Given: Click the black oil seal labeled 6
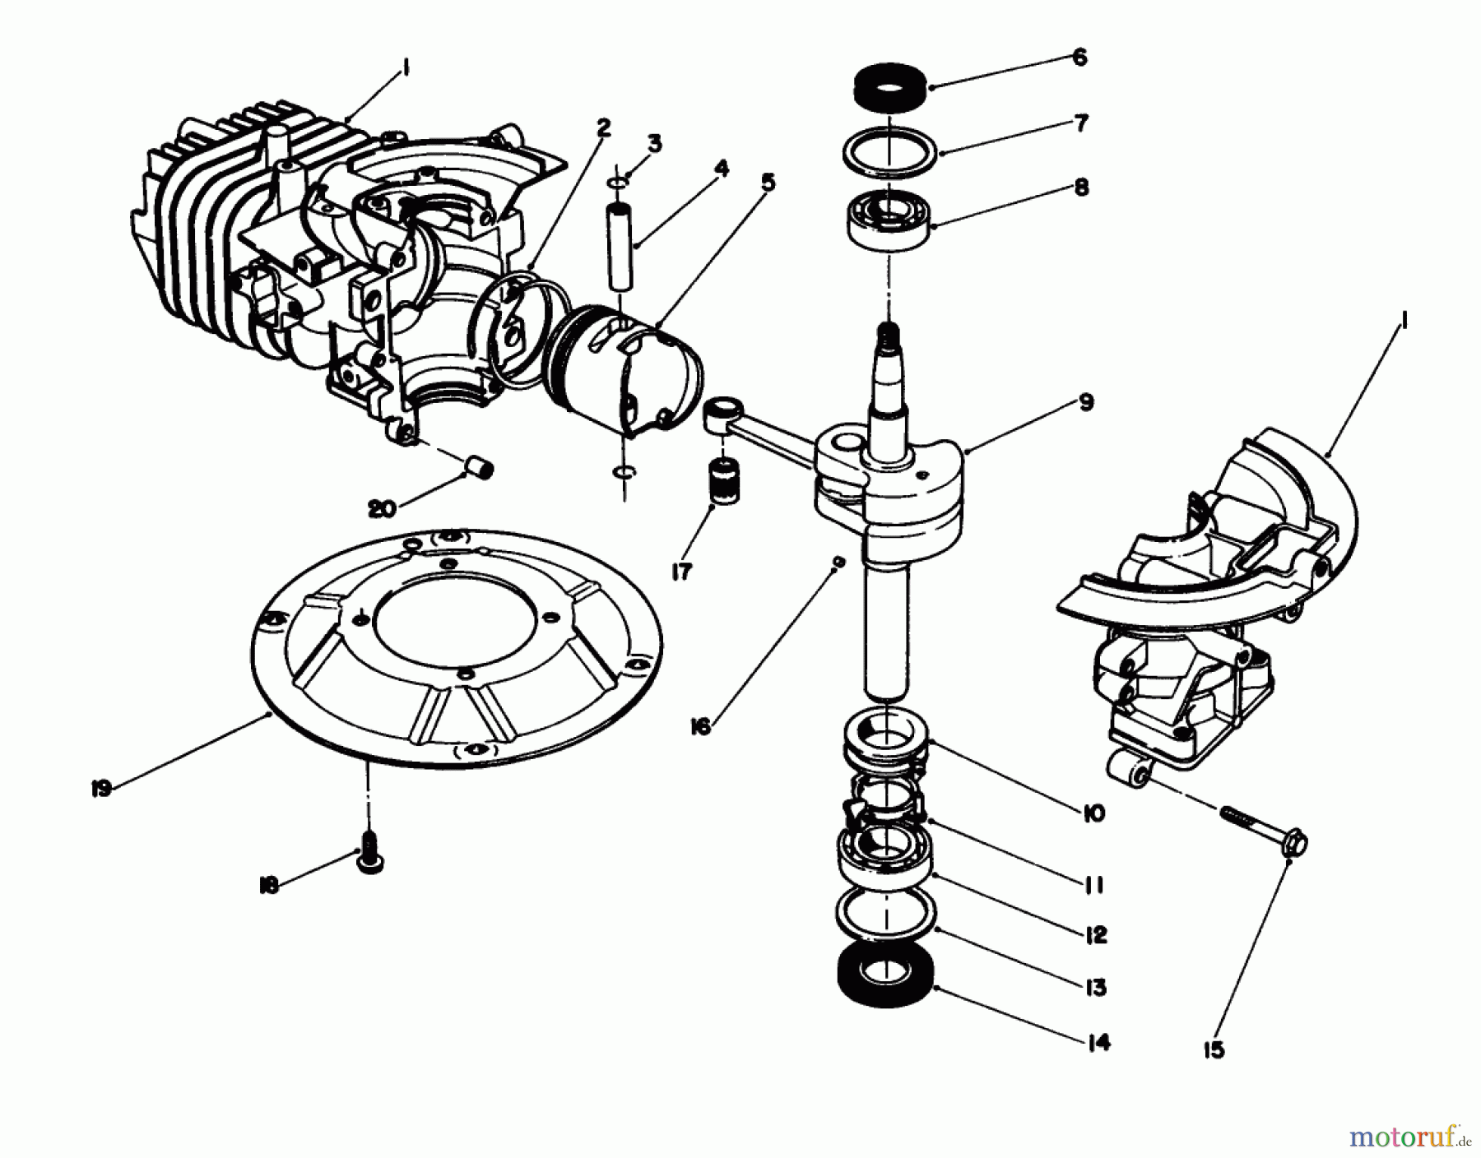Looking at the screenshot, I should click(x=890, y=86).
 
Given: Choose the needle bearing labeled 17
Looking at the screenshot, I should click(x=723, y=485).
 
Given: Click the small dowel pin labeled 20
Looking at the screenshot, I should click(x=480, y=468).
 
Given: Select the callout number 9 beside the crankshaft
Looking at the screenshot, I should click(x=1086, y=402).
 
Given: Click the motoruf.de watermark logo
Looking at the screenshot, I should click(x=1408, y=1136).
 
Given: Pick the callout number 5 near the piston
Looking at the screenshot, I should click(x=767, y=183).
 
